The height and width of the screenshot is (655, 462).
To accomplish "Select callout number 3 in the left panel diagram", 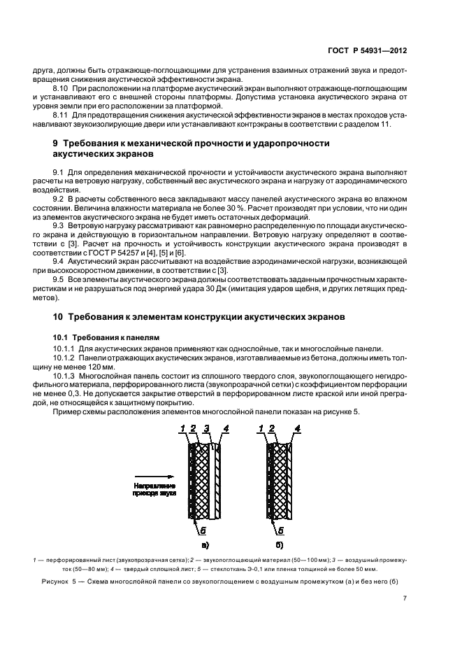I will click(207, 428).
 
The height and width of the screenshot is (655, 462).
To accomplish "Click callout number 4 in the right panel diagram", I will click(298, 428).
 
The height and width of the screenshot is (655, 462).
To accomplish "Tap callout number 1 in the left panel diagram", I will click(181, 428).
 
